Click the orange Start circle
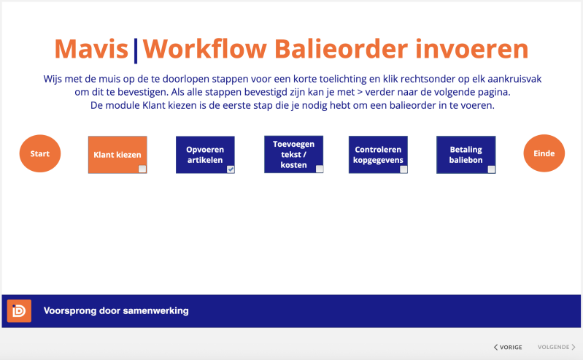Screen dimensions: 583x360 tap(40, 153)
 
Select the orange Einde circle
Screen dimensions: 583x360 tap(544, 153)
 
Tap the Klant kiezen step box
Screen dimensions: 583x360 tap(117, 155)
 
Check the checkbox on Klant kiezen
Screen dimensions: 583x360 tap(142, 169)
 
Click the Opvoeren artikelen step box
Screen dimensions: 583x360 tap(205, 155)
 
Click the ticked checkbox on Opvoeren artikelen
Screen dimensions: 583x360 tap(231, 169)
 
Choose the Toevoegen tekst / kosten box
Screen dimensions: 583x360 tap(294, 154)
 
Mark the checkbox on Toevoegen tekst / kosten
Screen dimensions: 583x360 tap(320, 169)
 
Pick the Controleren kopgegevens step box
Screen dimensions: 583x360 tap(378, 155)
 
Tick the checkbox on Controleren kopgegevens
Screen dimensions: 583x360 tap(404, 169)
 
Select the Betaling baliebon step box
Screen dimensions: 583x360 tap(466, 155)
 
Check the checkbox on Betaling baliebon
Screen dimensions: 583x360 tap(491, 169)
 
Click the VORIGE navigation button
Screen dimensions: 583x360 tap(508, 347)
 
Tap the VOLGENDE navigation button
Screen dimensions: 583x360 tap(556, 347)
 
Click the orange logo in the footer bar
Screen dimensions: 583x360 tap(19, 311)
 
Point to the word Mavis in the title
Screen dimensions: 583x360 tap(91, 49)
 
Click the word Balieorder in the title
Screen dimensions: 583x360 tap(341, 49)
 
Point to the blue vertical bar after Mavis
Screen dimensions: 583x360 tap(135, 51)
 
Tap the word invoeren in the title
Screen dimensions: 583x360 tap(472, 49)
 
